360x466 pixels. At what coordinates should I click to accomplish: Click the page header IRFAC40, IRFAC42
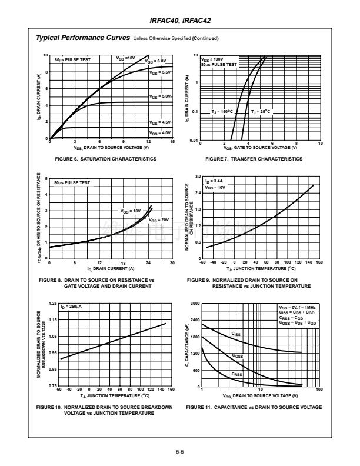[x=180, y=21]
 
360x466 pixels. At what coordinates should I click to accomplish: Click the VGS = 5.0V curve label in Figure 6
[x=159, y=96]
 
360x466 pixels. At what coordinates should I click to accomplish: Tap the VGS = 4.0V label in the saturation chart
[x=159, y=133]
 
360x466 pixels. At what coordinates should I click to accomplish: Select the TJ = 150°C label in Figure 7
[x=222, y=111]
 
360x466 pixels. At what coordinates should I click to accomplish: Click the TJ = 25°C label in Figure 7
[x=261, y=111]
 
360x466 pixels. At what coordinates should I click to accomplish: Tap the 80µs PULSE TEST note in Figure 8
[x=72, y=183]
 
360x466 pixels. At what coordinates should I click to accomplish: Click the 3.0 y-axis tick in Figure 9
[x=198, y=177]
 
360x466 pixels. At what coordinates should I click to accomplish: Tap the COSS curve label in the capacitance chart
[x=237, y=355]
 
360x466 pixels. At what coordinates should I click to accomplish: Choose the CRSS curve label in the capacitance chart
[x=236, y=374]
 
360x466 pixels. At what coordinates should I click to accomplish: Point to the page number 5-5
[x=180, y=452]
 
